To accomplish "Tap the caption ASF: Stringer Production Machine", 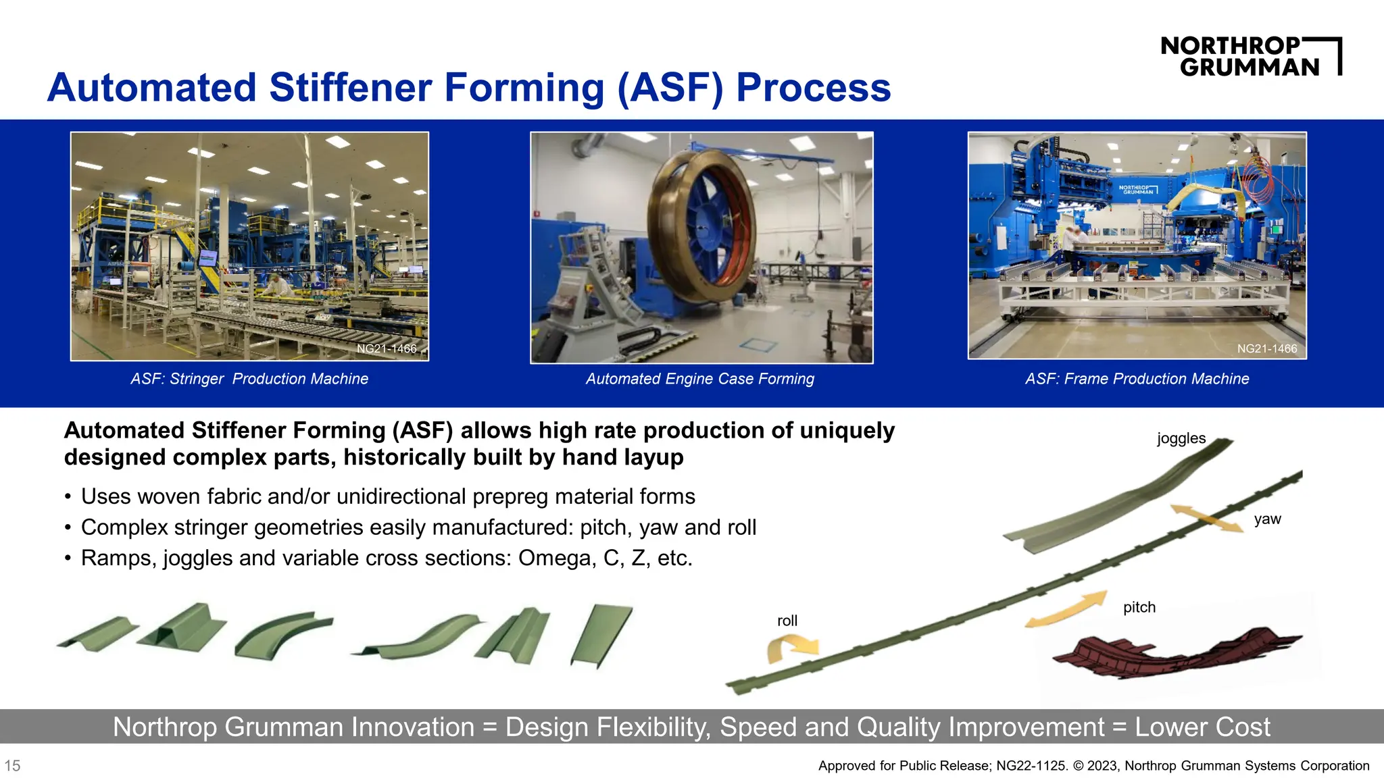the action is [249, 379].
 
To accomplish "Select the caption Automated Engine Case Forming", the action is [699, 379].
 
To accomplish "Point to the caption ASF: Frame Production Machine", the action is [1137, 379].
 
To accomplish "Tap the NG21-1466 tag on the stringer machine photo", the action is [387, 348].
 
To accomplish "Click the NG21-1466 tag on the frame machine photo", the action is [1266, 348].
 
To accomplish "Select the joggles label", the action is [1181, 438].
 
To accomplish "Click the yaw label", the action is [1267, 519].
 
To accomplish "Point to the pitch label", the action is [1139, 607].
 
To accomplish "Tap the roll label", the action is [787, 621].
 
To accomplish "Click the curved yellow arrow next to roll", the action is [791, 648].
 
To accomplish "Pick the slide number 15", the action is [12, 766].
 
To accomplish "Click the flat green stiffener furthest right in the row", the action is [601, 635].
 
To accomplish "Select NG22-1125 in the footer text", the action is [1031, 766].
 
